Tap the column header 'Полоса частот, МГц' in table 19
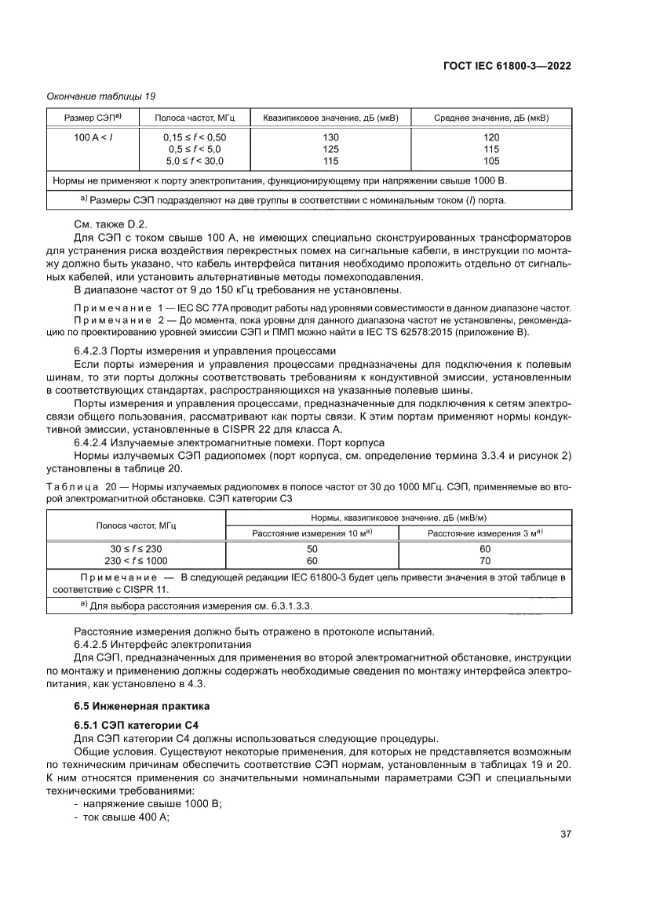pos(194,118)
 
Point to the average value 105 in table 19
pos(491,161)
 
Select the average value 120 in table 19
pos(491,137)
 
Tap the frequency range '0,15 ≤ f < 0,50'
pos(194,137)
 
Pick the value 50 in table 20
pos(312,549)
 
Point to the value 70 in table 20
pos(485,561)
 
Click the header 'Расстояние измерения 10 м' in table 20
pos(312,533)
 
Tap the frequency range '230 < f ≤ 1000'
pos(135,561)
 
